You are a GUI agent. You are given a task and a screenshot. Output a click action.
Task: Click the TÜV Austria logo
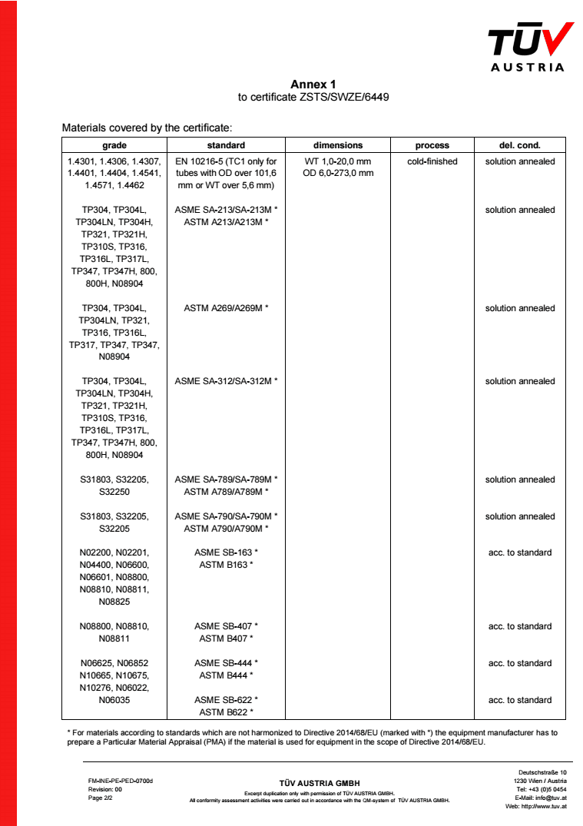pyautogui.click(x=531, y=45)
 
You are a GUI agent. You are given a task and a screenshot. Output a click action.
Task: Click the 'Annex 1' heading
pyautogui.click(x=313, y=84)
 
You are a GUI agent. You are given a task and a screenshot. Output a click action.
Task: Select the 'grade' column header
pyautogui.click(x=114, y=145)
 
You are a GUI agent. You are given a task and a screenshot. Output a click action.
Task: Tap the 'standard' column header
pyautogui.click(x=226, y=145)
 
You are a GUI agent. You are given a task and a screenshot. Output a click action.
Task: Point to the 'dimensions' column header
pyautogui.click(x=338, y=145)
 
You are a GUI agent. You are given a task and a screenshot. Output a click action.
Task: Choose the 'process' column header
pyautogui.click(x=432, y=145)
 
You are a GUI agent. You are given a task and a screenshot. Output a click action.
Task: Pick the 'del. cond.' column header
pyautogui.click(x=519, y=145)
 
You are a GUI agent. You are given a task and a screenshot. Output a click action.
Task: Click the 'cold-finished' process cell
pyautogui.click(x=432, y=161)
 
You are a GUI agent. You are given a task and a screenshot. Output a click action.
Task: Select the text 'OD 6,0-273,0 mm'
pyautogui.click(x=338, y=173)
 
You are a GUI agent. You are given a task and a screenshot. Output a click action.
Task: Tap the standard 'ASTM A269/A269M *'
pyautogui.click(x=226, y=308)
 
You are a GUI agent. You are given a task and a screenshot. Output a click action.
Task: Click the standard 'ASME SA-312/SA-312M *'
pyautogui.click(x=226, y=381)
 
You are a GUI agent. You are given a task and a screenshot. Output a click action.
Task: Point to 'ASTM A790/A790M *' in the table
pyautogui.click(x=226, y=529)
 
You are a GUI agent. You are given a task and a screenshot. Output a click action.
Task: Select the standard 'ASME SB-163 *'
pyautogui.click(x=226, y=552)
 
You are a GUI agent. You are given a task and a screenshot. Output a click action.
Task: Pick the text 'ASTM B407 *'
pyautogui.click(x=226, y=639)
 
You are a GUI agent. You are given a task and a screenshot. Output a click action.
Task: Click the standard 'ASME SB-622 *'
pyautogui.click(x=226, y=700)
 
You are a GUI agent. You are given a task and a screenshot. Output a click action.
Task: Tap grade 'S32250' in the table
pyautogui.click(x=114, y=492)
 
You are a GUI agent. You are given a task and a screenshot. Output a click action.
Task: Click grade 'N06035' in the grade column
pyautogui.click(x=114, y=700)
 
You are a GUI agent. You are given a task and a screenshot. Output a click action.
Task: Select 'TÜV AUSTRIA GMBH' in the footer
pyautogui.click(x=319, y=783)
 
